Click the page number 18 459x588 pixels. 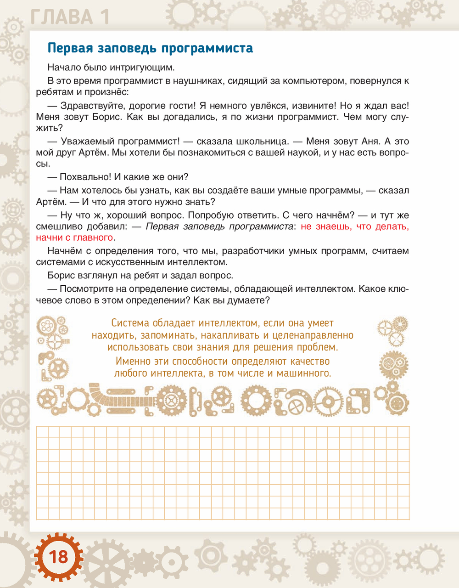pos(58,557)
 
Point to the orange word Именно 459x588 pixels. pos(132,361)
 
